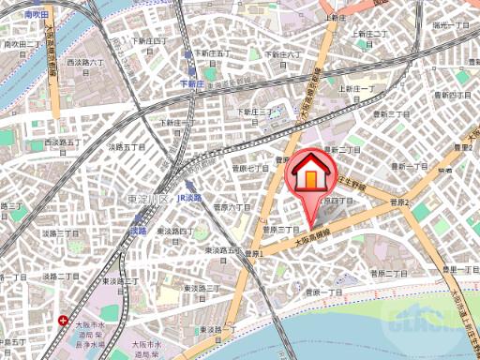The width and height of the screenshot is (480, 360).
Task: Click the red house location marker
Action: tap(309, 175)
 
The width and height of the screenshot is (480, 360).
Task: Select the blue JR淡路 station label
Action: tap(189, 199)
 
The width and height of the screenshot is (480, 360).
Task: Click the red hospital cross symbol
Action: tap(63, 321)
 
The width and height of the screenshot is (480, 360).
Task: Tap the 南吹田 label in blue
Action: tap(37, 14)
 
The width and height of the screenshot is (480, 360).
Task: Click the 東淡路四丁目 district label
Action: tap(174, 232)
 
